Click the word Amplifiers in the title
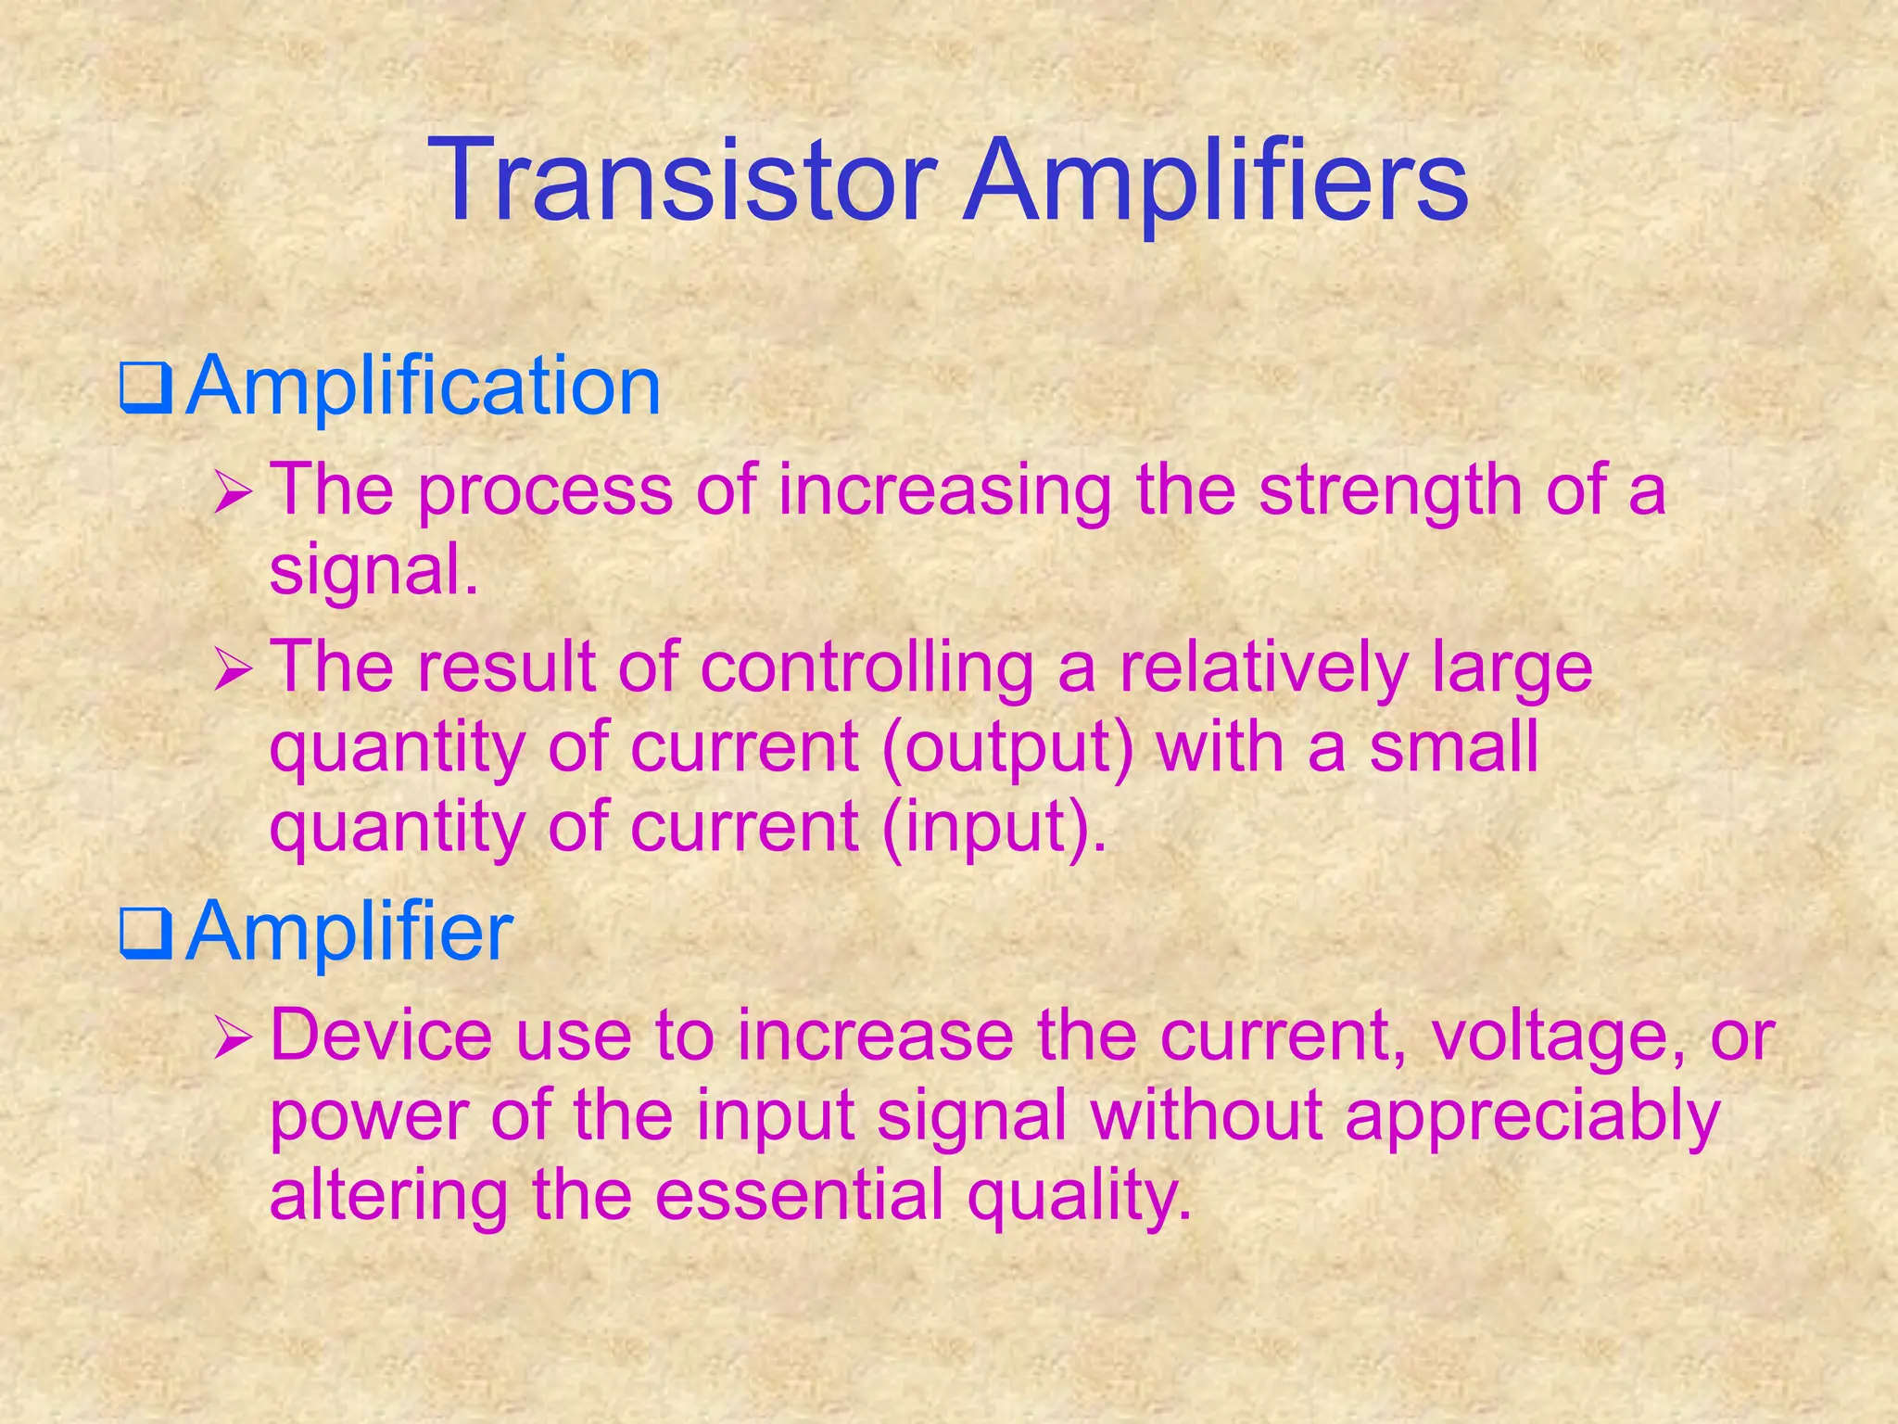click(1215, 182)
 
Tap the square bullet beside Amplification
click(146, 390)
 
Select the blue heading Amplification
click(423, 386)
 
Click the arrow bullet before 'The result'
click(230, 669)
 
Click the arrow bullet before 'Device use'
click(230, 1038)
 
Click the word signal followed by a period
click(373, 569)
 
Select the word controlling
click(866, 667)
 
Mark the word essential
click(799, 1195)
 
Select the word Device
click(380, 1036)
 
